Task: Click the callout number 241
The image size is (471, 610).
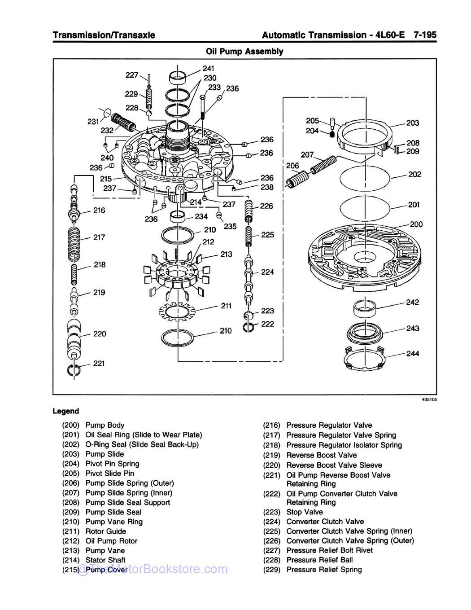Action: pos(208,69)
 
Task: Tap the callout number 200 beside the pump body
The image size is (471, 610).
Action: pos(416,224)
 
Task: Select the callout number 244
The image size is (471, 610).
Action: pos(412,354)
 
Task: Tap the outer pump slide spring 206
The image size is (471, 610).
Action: pos(297,179)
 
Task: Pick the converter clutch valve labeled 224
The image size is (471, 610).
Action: pos(249,278)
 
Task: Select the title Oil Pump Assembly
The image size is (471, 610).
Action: pos(244,51)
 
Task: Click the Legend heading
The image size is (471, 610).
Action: pos(65,411)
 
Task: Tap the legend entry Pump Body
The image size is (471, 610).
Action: pos(105,425)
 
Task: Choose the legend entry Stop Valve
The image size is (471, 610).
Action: pos(304,512)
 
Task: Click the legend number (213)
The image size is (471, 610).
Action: pos(71,550)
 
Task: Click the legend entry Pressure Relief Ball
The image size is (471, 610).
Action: pos(319,560)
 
